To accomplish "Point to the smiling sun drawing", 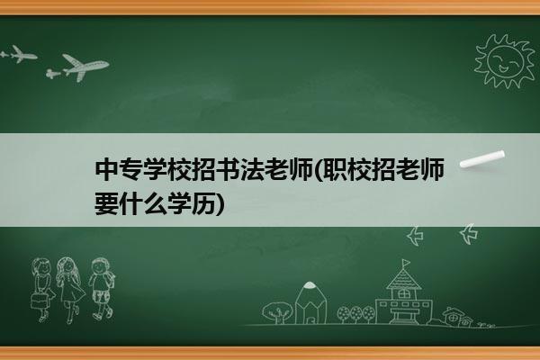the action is (x=504, y=61).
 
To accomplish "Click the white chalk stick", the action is (x=482, y=159).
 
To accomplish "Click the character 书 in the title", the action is (x=228, y=169).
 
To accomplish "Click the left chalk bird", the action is (x=415, y=236).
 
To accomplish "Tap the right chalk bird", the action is (x=469, y=234).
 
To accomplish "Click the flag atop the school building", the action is (x=407, y=263).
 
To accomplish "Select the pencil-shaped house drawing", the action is (x=310, y=303).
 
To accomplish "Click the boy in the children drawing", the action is (x=101, y=289).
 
